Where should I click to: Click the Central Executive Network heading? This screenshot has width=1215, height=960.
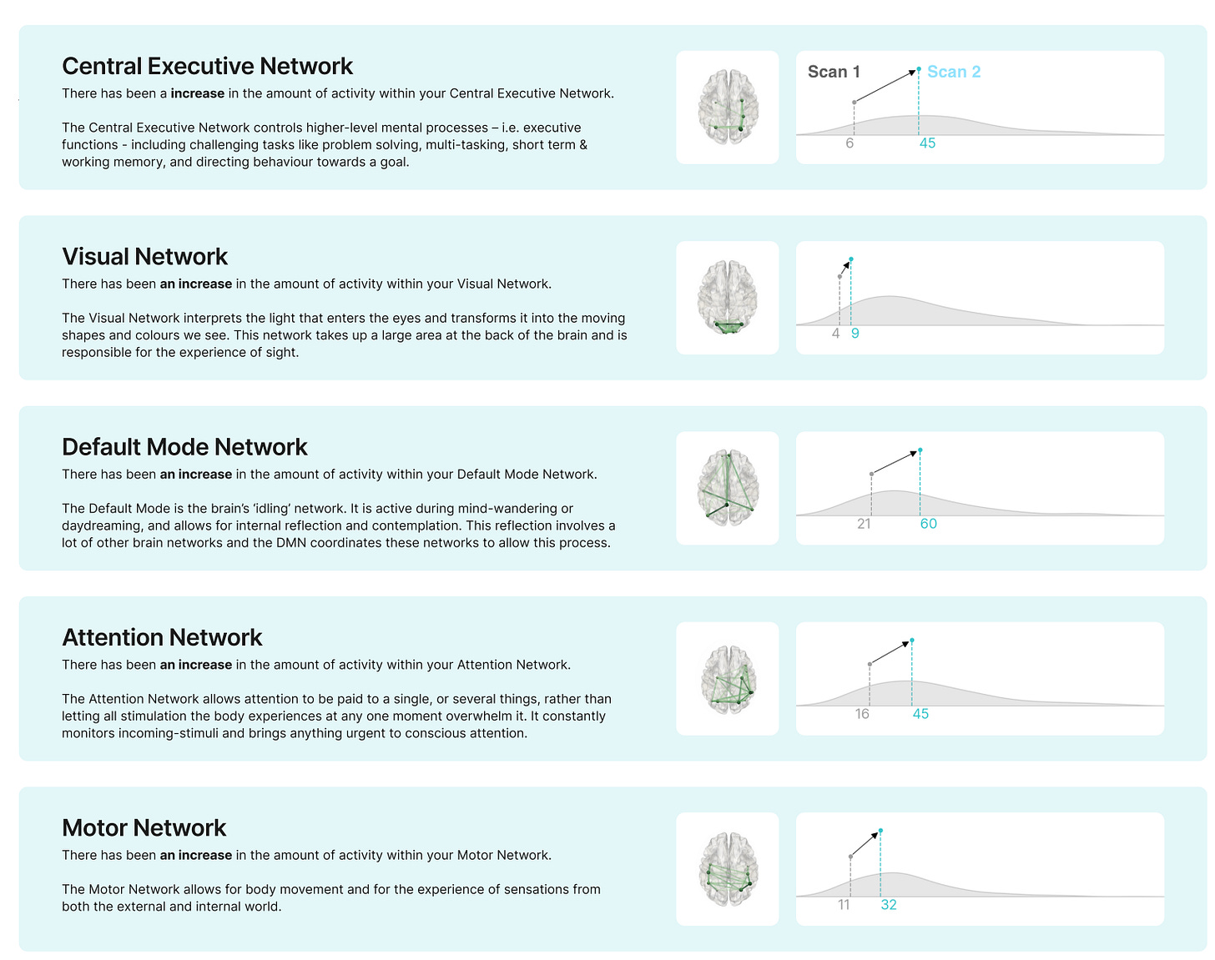(x=207, y=66)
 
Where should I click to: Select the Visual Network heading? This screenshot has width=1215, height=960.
(x=144, y=257)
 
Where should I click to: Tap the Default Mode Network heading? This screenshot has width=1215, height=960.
(x=184, y=447)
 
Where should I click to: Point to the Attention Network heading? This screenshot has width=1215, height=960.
(x=162, y=637)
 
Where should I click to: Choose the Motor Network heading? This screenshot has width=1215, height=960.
(x=144, y=827)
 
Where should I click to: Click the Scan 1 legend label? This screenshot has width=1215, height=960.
(x=833, y=72)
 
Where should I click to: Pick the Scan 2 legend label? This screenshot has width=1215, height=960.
(x=953, y=72)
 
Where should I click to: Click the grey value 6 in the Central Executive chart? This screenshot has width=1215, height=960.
(x=849, y=143)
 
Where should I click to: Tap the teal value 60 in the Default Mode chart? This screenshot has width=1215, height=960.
(x=928, y=524)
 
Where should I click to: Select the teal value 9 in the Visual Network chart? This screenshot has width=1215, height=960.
(x=855, y=334)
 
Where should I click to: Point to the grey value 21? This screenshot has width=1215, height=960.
(x=864, y=524)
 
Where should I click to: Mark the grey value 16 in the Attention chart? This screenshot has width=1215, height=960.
(x=862, y=714)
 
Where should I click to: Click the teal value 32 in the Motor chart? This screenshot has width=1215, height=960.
(x=888, y=905)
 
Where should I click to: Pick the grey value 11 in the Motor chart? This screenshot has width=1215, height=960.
(x=844, y=905)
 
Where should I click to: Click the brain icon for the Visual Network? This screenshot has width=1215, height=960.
(x=728, y=298)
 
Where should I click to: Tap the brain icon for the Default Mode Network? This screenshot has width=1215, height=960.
(x=728, y=488)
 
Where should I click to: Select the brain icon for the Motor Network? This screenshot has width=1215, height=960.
(x=728, y=868)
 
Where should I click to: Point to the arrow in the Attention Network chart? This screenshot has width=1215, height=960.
(x=890, y=652)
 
